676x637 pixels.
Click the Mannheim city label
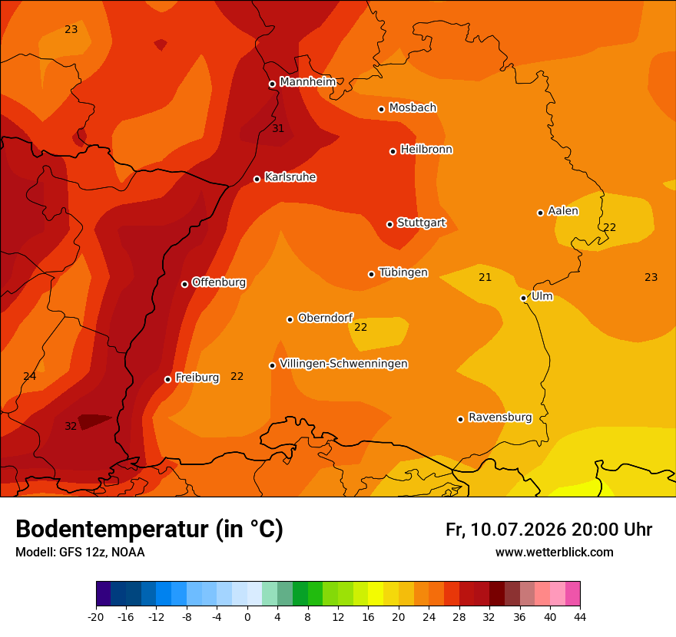[x=308, y=81]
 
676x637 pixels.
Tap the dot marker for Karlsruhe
[x=257, y=179]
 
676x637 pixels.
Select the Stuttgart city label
[x=421, y=223]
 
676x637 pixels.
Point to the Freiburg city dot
[x=167, y=379]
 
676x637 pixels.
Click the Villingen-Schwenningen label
[x=343, y=364]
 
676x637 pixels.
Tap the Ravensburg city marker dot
[x=460, y=419]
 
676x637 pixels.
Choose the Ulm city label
[x=542, y=296]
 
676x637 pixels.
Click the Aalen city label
[x=563, y=211]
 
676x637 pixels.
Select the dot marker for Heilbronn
[x=393, y=151]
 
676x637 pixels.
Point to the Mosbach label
[x=413, y=107]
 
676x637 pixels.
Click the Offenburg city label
[x=219, y=282]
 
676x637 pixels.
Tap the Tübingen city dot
[x=371, y=274]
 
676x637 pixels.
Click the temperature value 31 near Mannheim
[x=278, y=128]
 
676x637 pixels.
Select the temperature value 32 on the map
[x=71, y=427]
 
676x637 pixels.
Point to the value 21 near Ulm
[x=485, y=277]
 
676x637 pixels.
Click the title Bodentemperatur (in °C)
[x=149, y=529]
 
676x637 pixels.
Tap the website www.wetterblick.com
[x=555, y=552]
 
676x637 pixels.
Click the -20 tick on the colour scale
[x=96, y=617]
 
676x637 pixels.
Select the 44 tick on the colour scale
[x=580, y=617]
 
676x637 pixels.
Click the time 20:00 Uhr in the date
[x=611, y=530]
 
